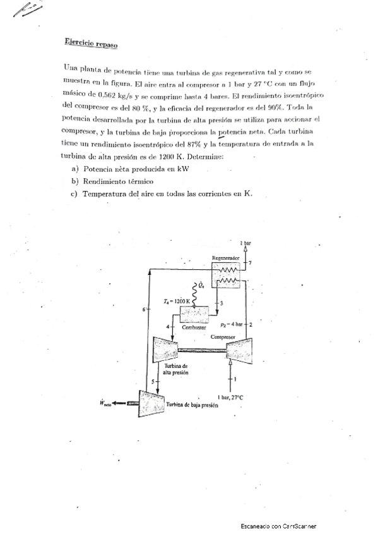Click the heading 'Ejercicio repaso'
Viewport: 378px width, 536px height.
[x=91, y=43]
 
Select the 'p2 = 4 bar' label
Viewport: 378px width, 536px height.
[x=230, y=324]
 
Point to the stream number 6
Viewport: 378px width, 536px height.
[x=144, y=309]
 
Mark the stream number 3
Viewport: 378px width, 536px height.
[x=220, y=304]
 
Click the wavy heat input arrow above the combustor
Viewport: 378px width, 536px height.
[x=194, y=291]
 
